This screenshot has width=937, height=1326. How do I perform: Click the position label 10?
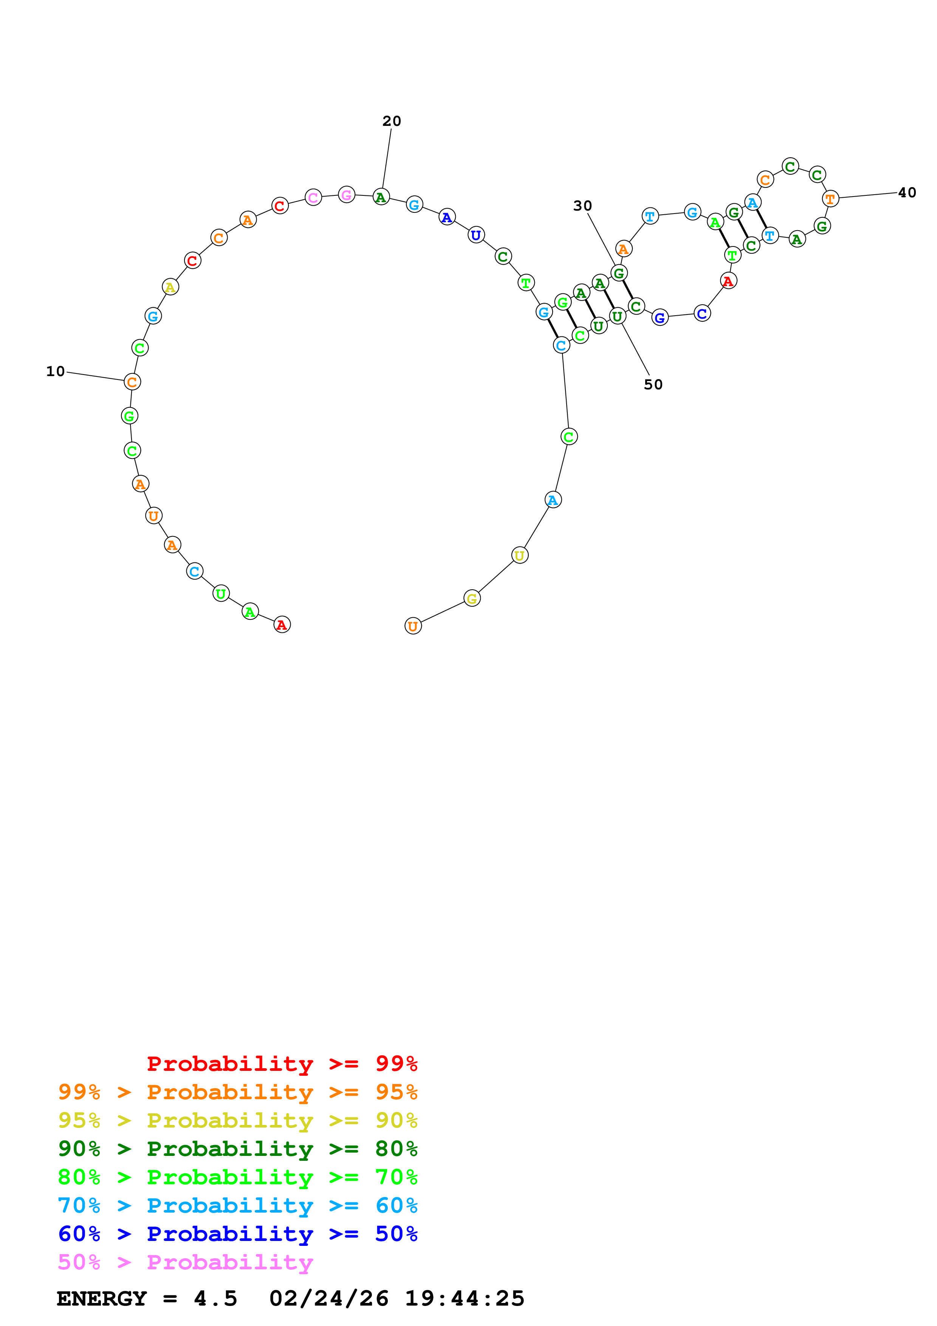[x=56, y=371]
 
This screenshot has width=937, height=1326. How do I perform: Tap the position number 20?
[x=392, y=121]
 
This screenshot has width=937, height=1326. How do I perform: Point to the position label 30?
[x=582, y=206]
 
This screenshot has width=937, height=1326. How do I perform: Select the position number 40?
[x=907, y=192]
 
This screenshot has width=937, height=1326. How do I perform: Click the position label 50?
[x=653, y=385]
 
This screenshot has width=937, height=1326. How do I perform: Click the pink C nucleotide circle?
[x=313, y=198]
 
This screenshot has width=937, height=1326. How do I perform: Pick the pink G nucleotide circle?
[x=346, y=195]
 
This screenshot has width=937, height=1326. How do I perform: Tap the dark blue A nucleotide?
[x=447, y=217]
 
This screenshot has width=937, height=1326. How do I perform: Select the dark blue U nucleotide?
[x=476, y=235]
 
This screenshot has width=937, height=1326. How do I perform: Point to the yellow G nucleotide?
[x=472, y=598]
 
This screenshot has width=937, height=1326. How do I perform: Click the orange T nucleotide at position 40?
[x=830, y=199]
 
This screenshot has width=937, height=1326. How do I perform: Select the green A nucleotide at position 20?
[x=381, y=197]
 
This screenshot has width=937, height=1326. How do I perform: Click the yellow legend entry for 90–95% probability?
[x=237, y=1120]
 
